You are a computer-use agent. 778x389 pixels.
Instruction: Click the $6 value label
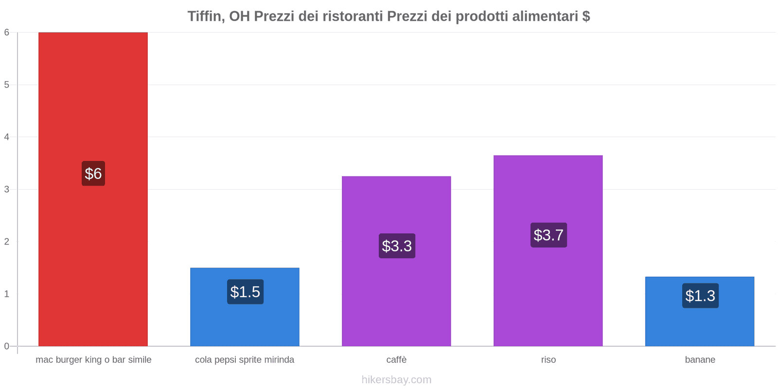(93, 174)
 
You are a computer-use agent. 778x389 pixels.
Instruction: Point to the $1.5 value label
(245, 292)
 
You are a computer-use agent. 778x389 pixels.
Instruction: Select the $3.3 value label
(397, 246)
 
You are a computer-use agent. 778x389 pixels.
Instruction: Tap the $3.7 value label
(548, 235)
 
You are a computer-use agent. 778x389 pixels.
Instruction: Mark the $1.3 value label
(700, 296)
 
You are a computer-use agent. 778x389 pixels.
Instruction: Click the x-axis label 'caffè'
(396, 360)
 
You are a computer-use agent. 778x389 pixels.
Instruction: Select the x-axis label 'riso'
(548, 360)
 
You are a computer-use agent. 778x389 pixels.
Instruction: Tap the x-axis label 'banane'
(700, 360)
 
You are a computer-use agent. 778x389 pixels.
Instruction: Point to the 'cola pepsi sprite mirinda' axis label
(245, 360)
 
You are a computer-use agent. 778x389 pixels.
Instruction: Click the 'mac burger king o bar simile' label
(93, 360)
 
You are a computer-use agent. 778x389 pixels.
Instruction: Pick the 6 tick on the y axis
(7, 33)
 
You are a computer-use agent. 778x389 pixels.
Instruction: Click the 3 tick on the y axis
(7, 189)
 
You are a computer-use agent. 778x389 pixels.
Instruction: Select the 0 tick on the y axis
(7, 346)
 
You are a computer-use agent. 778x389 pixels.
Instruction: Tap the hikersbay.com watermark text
(396, 380)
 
